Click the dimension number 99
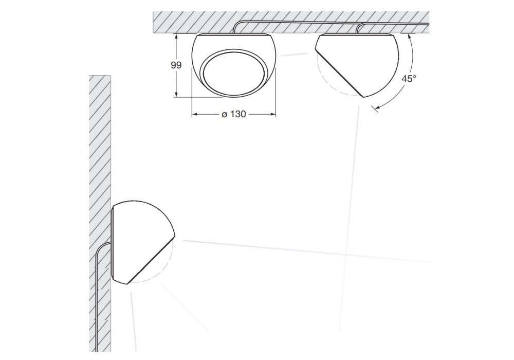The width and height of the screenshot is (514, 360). pos(176,65)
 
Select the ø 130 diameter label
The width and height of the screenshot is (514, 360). pos(234,114)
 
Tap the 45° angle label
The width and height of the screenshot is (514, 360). pos(409,79)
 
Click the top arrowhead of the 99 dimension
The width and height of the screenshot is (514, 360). pos(177,37)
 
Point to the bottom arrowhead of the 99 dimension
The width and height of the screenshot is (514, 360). pos(177,94)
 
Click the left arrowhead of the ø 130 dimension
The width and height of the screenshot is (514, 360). pos(194,114)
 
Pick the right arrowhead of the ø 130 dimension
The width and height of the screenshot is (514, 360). pos(273,114)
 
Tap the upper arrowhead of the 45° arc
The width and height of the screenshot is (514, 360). pos(409,37)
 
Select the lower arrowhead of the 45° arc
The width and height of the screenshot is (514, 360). pos(378,107)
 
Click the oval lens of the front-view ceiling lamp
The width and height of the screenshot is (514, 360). pos(234,73)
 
